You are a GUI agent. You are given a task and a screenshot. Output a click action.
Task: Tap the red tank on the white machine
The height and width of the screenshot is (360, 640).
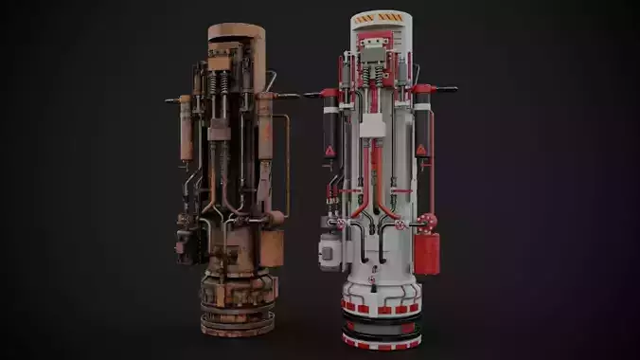click(426, 252)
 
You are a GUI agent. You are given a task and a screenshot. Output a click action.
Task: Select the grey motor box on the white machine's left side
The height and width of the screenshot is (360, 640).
click(330, 251)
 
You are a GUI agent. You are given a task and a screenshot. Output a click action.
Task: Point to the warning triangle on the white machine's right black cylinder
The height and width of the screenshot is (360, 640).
click(421, 150)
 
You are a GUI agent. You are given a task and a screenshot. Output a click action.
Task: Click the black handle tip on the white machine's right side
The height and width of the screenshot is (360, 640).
click(449, 89)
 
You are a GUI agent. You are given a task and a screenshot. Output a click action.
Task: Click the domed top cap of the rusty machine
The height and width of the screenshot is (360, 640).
click(236, 30)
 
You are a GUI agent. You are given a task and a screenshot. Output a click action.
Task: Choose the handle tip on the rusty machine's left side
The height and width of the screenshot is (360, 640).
click(168, 98)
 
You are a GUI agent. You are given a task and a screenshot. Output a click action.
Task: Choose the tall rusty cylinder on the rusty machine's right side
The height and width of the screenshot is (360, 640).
click(265, 152)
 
